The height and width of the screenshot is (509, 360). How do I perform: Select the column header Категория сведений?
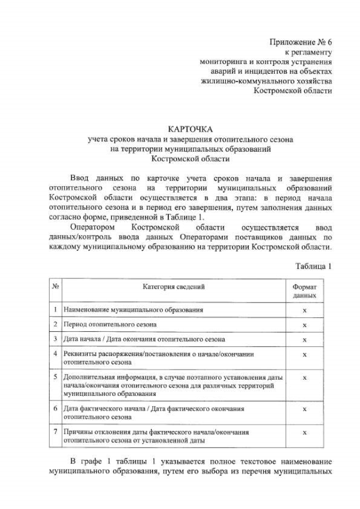point(173,287)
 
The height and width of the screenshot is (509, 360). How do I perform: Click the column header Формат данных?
point(304,291)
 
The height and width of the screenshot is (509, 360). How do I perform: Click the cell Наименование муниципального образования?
point(133,310)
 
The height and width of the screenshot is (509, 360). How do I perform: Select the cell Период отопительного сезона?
point(110,325)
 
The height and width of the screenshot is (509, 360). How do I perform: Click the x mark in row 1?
point(304,310)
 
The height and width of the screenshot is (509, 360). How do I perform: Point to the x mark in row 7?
point(304,433)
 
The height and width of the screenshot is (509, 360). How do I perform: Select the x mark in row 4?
point(304,354)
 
